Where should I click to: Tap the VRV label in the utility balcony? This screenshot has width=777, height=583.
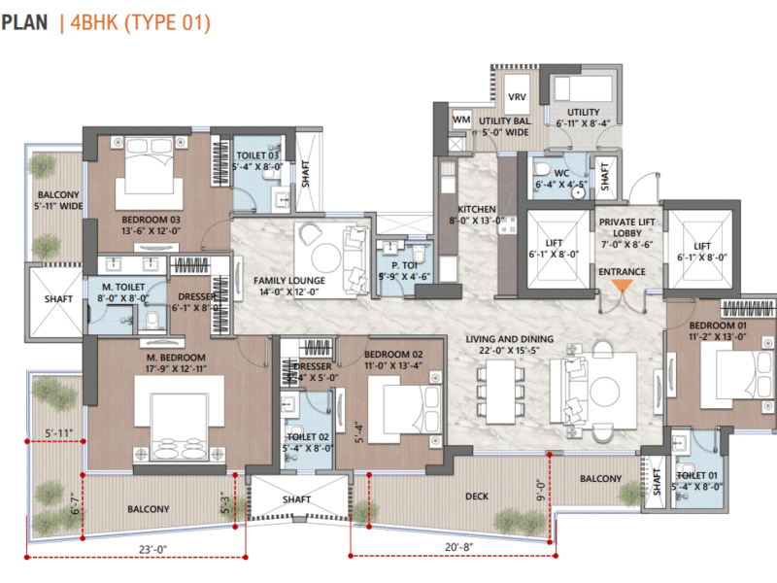click(x=517, y=98)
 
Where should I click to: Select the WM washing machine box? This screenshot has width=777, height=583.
click(x=462, y=119)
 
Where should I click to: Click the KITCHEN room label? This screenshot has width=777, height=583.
click(x=477, y=209)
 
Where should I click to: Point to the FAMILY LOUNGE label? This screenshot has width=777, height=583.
click(x=289, y=281)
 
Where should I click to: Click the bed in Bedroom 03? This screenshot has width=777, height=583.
click(x=151, y=178)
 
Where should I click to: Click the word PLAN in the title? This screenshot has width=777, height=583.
click(x=24, y=21)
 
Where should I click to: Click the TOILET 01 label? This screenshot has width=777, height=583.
click(x=699, y=477)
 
